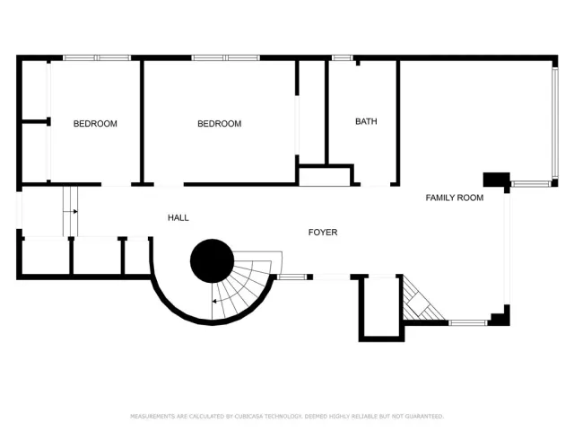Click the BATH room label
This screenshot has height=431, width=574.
tap(366, 121)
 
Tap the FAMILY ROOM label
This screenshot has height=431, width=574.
tap(454, 198)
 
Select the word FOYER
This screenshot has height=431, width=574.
tap(323, 233)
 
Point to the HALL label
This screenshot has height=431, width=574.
tap(178, 218)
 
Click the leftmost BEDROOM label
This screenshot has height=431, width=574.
tap(95, 124)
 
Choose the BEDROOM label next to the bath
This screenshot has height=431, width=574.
tap(219, 124)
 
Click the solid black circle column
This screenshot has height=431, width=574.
tap(212, 261)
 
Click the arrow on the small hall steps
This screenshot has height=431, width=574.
tap(69, 212)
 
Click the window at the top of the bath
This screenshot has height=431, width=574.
tap(342, 58)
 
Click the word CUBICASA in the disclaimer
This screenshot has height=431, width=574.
tap(254, 417)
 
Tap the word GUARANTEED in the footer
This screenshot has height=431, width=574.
tap(424, 417)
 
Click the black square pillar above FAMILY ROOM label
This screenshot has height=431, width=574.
tap(496, 179)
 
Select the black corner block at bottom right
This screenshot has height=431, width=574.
tap(500, 315)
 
